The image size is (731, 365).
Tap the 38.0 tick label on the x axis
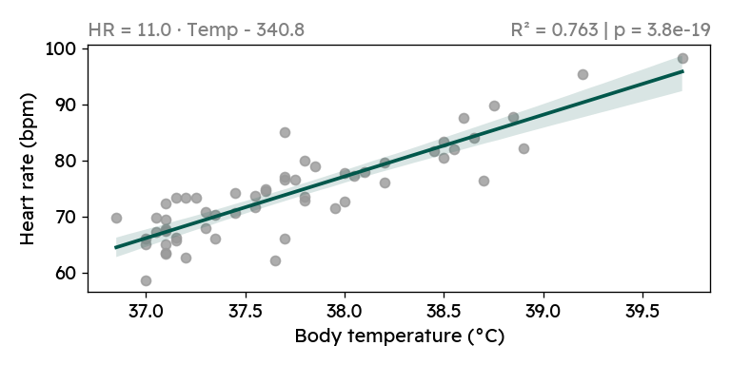tap(345, 310)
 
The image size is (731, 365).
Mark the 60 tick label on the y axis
tap(65, 274)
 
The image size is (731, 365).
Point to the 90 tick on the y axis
tap(65, 105)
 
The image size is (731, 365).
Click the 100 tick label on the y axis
tap(60, 48)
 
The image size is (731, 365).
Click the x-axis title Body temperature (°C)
tap(399, 336)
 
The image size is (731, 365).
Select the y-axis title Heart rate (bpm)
tap(30, 169)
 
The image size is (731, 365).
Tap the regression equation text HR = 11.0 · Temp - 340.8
tap(196, 29)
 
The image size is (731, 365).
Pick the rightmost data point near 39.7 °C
tap(682, 58)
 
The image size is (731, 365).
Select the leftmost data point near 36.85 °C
tap(116, 218)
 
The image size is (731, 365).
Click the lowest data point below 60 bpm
tap(146, 280)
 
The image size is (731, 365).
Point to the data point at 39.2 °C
tap(583, 74)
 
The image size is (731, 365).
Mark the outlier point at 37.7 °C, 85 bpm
tap(285, 132)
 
